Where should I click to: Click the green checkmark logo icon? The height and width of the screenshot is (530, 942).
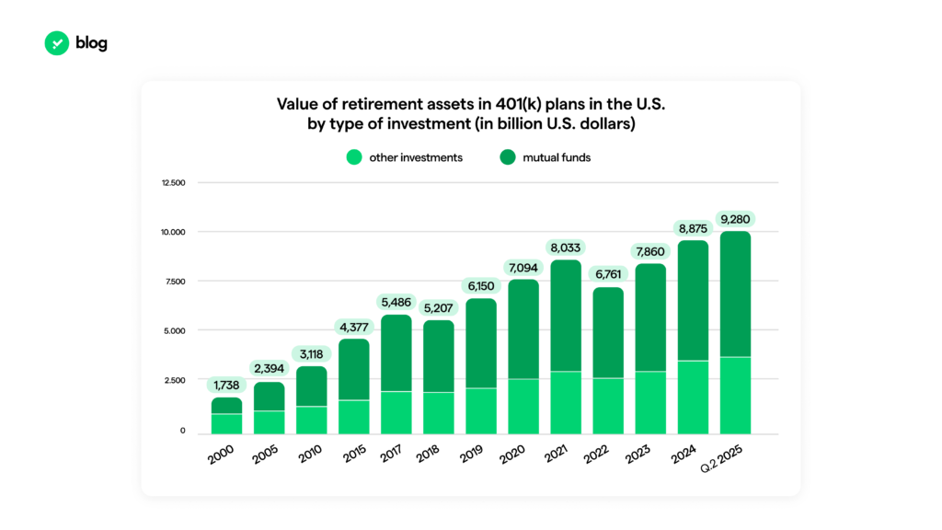(57, 43)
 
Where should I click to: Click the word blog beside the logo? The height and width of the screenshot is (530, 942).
(91, 43)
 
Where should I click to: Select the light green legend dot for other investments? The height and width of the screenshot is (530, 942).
(354, 157)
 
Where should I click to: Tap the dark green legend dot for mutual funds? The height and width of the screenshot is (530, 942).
(508, 157)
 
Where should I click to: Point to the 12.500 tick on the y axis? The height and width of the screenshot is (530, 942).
(173, 183)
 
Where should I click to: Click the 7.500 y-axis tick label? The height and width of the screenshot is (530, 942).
(175, 282)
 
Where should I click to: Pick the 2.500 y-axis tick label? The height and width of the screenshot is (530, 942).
(175, 380)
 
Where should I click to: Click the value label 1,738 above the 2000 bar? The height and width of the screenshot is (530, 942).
(227, 385)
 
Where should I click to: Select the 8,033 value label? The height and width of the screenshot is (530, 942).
(566, 248)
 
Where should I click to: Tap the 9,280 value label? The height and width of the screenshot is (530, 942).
(735, 219)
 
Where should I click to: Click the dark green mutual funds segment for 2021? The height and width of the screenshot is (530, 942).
(566, 316)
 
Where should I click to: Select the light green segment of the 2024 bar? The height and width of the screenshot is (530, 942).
(693, 397)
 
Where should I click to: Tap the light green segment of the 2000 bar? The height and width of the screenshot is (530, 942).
(227, 423)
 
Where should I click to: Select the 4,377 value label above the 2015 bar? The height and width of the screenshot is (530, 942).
(354, 327)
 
